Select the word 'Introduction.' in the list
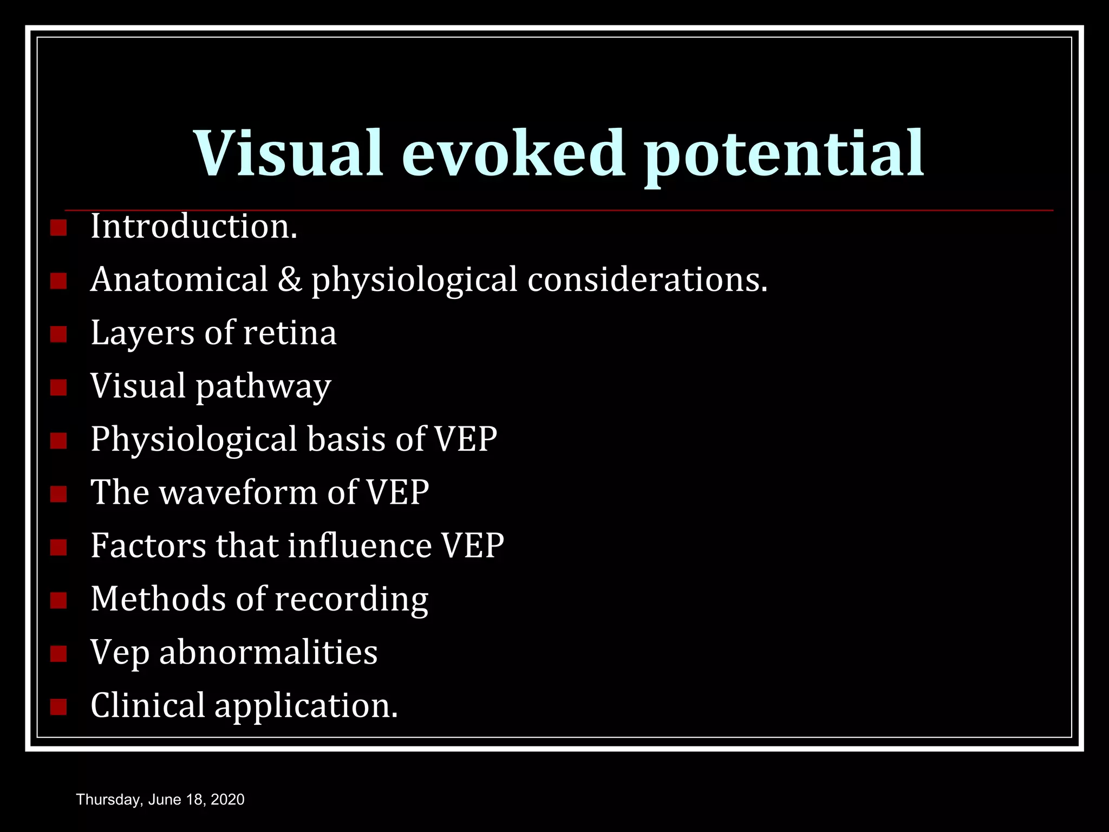(194, 226)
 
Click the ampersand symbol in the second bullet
(290, 279)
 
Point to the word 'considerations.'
(647, 279)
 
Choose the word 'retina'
(290, 333)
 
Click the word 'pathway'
(263, 387)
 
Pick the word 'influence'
(360, 545)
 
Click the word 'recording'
(351, 600)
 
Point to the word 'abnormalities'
(268, 652)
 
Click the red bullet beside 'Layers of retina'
(58, 334)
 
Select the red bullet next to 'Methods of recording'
(58, 600)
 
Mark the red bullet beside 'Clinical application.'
(58, 707)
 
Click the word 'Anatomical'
(179, 279)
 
